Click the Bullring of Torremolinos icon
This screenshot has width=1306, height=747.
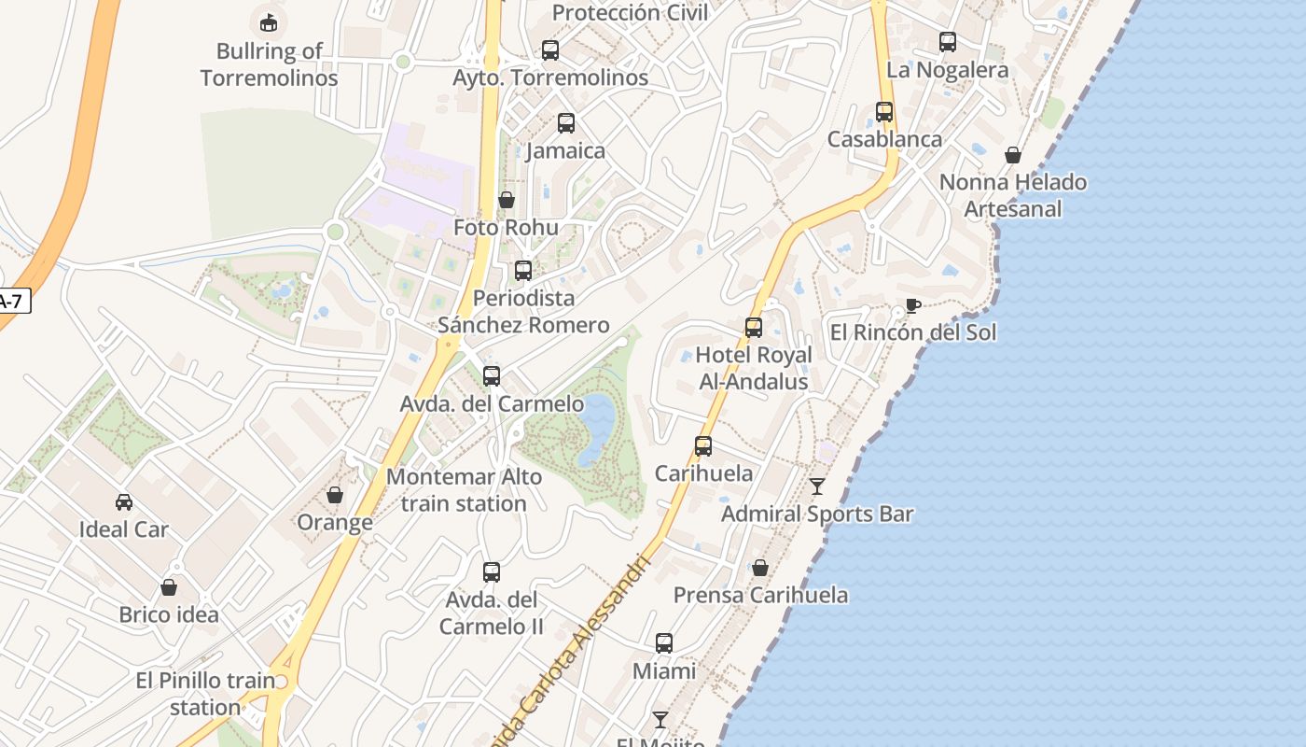[x=269, y=21]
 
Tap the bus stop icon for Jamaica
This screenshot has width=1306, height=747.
[x=566, y=123]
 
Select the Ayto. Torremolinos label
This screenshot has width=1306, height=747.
[x=550, y=78]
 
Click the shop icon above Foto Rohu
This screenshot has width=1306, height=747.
[x=507, y=200]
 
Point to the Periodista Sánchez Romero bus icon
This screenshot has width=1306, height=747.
[x=523, y=271]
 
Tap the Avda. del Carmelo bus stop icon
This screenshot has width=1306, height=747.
[x=492, y=376]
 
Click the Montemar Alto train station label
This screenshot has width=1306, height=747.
[x=464, y=490]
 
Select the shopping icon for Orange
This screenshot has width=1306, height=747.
[x=335, y=495]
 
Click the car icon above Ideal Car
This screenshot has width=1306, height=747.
[x=124, y=502]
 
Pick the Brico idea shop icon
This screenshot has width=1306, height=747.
[x=169, y=587]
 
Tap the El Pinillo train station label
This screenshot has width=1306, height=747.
[x=205, y=694]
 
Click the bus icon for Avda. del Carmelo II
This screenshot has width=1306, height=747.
[x=492, y=572]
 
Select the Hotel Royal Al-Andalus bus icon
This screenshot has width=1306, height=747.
[x=754, y=328]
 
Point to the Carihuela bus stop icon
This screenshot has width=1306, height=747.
[x=703, y=446]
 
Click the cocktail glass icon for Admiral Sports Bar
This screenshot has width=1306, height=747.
[x=817, y=486]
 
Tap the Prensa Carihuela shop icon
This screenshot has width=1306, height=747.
[x=760, y=568]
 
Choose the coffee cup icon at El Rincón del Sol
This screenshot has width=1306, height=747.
[x=913, y=305]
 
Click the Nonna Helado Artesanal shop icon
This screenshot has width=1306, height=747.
[x=1013, y=155]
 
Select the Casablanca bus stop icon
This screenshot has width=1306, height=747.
[x=884, y=112]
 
